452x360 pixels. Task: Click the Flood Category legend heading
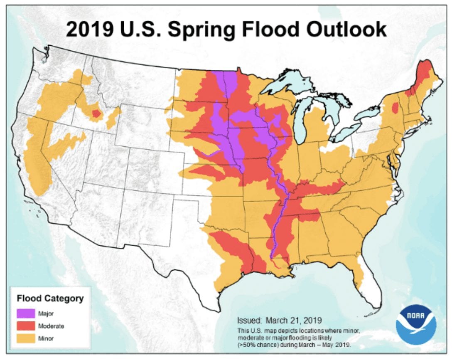click(50, 298)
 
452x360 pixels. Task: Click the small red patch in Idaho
click(96, 113)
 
